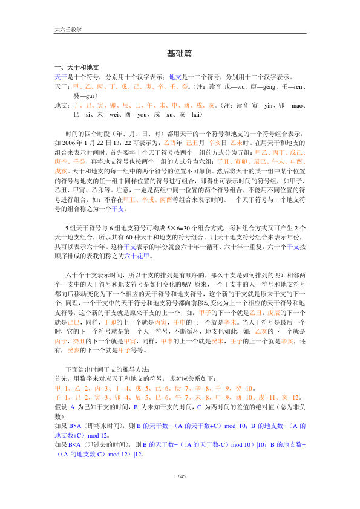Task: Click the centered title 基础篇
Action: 180,53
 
